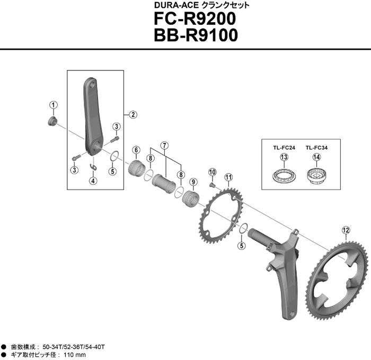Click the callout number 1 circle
(54, 104)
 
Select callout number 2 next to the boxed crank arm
(132, 114)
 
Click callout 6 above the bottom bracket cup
(136, 149)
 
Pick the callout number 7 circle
(165, 145)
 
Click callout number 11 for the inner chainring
(228, 177)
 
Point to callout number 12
(346, 230)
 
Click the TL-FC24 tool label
(284, 148)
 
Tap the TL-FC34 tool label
(316, 148)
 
